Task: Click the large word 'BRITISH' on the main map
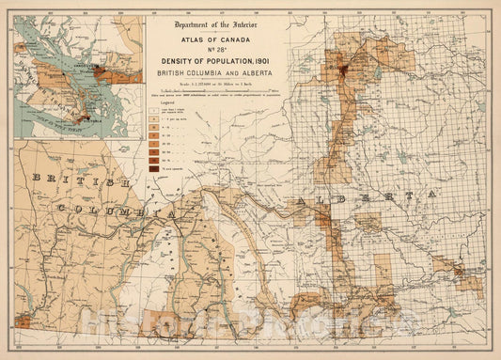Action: point(74,180)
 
